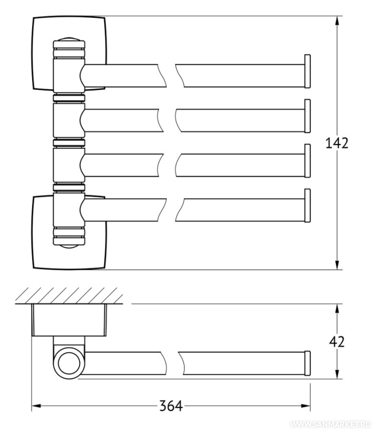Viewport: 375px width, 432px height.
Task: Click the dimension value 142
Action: tap(337, 143)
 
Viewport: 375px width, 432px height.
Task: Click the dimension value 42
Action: tap(337, 342)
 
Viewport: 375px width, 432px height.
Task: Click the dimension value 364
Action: tap(171, 406)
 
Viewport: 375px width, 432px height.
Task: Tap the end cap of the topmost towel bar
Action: tap(307, 71)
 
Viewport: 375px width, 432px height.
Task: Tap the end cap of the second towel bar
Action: tap(307, 116)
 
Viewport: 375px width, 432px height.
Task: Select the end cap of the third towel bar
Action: tap(307, 161)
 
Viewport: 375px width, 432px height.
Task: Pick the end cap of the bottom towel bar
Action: tap(307, 205)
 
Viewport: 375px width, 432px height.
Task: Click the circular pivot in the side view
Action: tap(69, 363)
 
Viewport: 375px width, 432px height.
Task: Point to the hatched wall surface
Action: tap(69, 295)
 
